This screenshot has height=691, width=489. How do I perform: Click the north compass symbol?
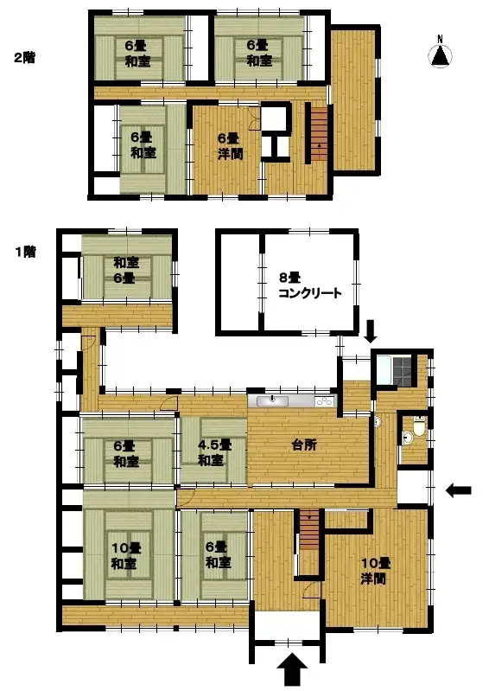point(441,54)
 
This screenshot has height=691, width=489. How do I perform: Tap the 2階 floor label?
point(23,58)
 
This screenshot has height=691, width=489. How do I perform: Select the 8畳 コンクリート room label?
point(309,285)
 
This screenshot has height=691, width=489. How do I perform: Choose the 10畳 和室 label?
point(126,554)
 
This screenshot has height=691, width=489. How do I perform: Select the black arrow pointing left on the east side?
point(459,490)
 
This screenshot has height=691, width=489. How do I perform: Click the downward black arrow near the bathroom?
point(372,330)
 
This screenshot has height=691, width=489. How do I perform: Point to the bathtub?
point(382,369)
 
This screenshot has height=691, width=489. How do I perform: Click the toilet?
point(418,426)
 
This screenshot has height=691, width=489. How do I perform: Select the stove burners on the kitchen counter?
point(324,401)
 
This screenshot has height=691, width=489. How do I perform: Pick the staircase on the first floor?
point(308,529)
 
